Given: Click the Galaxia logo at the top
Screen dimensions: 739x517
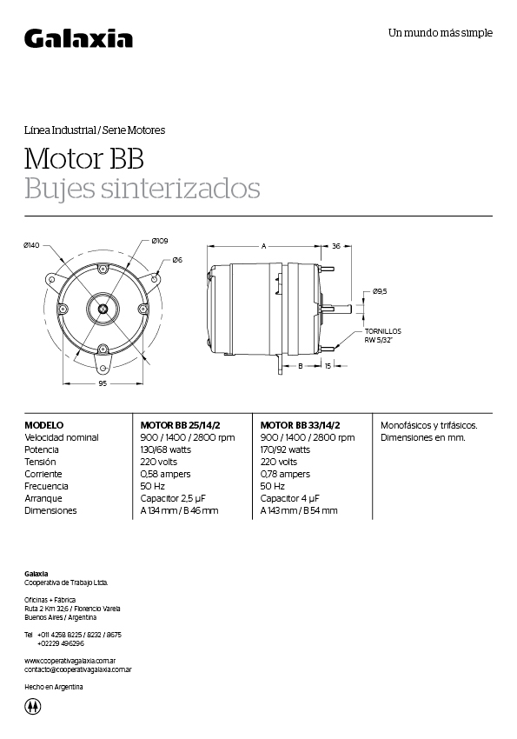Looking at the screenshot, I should click(78, 38).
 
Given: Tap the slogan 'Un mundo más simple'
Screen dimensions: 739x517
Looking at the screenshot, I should click(440, 33).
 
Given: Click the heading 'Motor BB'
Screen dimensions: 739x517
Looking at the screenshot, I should click(83, 159).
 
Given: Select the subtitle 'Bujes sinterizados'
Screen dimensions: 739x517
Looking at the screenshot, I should click(142, 188).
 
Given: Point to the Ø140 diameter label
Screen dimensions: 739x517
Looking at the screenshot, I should click(32, 245).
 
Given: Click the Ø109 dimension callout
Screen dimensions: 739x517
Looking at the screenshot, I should click(159, 241).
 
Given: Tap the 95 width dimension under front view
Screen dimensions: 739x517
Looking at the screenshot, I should click(103, 383).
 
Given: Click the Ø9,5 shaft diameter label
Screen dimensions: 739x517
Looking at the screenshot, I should click(380, 291).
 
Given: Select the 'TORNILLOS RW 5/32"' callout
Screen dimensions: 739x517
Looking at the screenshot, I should click(382, 336).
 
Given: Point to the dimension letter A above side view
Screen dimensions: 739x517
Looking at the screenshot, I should click(263, 246).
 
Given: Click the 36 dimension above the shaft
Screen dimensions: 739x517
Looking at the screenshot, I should click(335, 246).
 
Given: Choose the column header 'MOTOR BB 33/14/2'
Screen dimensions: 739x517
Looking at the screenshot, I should click(300, 425).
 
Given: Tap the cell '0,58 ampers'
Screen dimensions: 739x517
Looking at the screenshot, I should click(165, 474).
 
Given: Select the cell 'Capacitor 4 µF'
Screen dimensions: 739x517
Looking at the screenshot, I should click(290, 498).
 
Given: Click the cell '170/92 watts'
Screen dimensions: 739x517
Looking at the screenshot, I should click(285, 449).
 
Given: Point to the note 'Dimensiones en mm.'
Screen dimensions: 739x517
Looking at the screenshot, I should click(423, 437).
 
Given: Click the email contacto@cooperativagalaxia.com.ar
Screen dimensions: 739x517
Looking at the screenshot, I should click(77, 669).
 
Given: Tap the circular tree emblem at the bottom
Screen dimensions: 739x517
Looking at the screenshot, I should click(33, 707).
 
